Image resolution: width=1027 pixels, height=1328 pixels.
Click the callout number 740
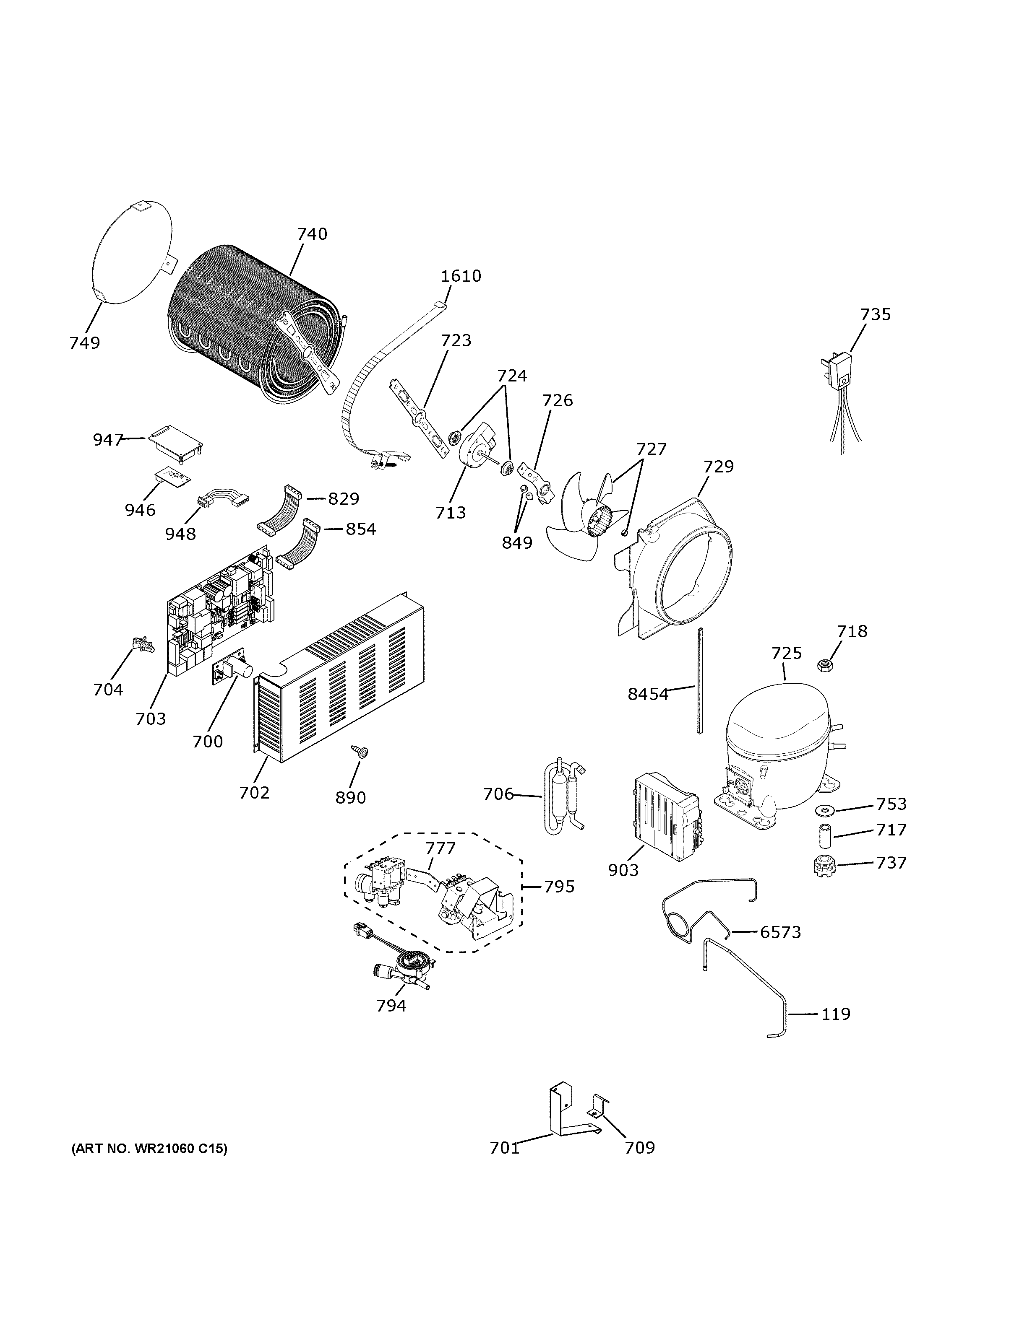tap(312, 234)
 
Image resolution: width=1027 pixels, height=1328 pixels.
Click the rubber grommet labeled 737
tap(824, 866)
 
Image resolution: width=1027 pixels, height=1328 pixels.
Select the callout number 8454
tap(648, 694)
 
